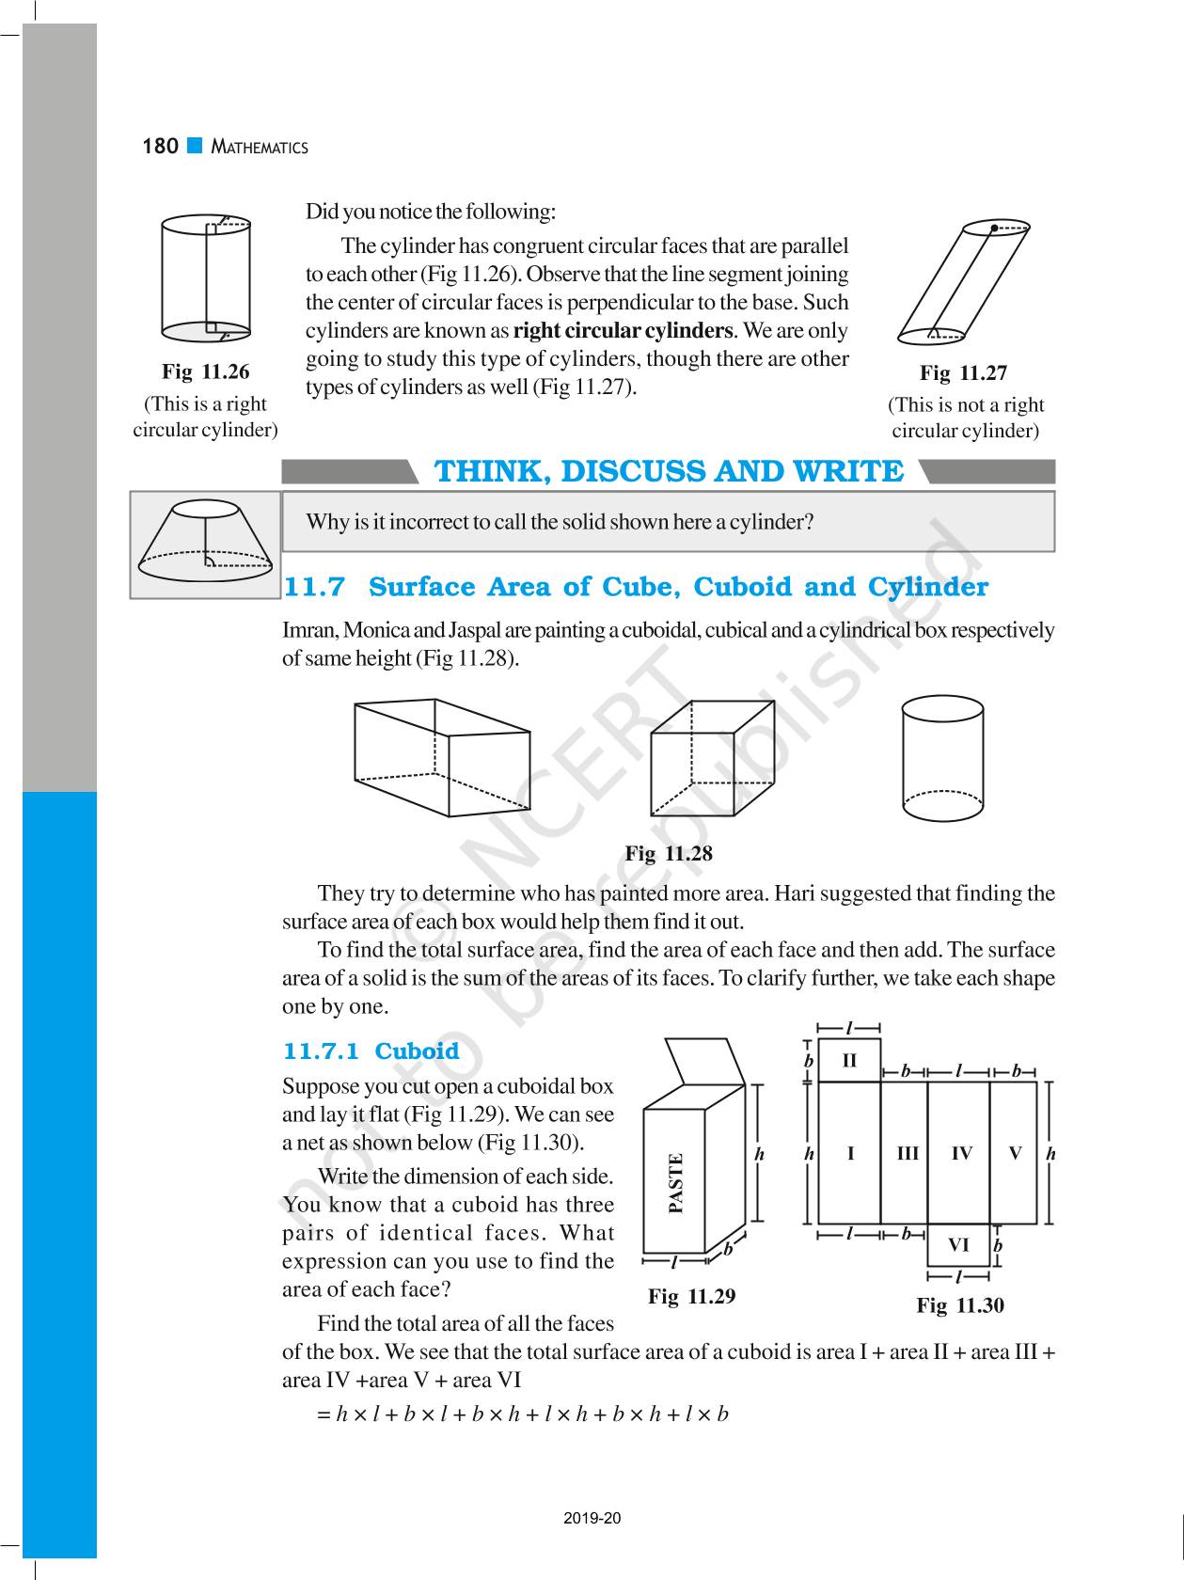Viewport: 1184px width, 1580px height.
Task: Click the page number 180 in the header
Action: (x=160, y=146)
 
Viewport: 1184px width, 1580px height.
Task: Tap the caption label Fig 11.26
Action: (x=205, y=371)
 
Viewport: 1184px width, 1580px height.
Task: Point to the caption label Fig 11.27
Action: (x=963, y=373)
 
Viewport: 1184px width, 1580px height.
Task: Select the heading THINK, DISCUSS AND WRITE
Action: (x=668, y=471)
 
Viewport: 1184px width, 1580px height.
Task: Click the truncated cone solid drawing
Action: (x=204, y=543)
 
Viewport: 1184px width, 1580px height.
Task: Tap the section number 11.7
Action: (x=314, y=587)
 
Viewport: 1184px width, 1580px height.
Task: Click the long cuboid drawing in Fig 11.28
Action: (x=442, y=757)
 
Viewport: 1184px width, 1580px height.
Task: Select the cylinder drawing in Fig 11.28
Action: (x=942, y=758)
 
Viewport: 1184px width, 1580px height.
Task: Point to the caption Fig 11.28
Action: (x=669, y=854)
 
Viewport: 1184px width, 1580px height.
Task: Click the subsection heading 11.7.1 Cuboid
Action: (x=371, y=1051)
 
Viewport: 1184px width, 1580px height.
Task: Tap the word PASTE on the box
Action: (x=675, y=1183)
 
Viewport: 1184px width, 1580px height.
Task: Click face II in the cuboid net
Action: (x=849, y=1061)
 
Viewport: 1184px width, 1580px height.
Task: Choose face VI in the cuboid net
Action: (x=958, y=1245)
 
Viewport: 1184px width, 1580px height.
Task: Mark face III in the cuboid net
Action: (x=907, y=1153)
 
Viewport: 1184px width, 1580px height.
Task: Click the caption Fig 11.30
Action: (x=960, y=1305)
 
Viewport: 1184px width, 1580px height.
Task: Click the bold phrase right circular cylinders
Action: (x=623, y=331)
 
